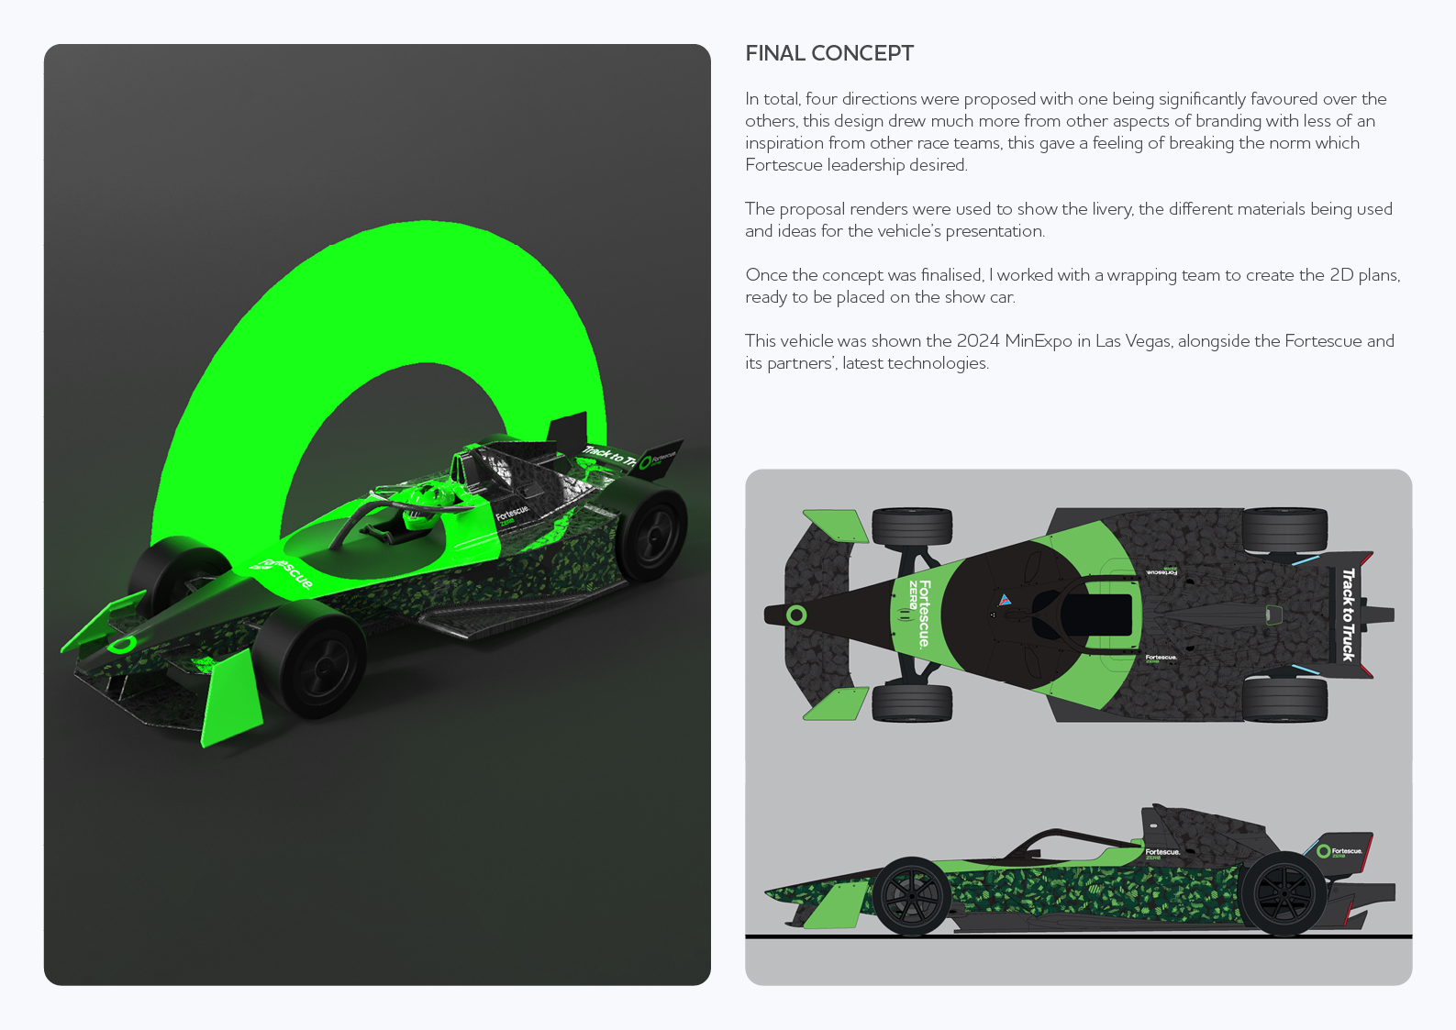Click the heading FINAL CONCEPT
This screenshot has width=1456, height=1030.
829,53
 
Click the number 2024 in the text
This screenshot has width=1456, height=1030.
978,341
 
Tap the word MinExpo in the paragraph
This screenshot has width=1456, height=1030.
1039,341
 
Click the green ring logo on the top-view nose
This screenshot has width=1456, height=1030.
796,615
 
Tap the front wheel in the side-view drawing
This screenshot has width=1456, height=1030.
911,896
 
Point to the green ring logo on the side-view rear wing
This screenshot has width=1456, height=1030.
1323,851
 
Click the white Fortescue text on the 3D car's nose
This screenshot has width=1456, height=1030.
286,573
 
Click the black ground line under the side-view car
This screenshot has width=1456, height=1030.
1078,936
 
